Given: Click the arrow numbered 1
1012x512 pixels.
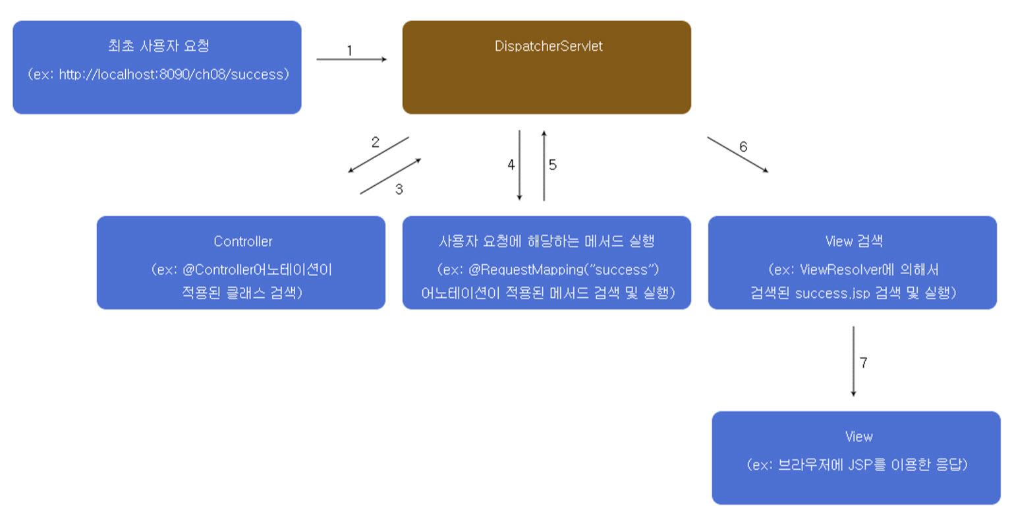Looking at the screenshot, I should click(351, 59).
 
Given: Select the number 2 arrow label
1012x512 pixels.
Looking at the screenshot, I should click(375, 142).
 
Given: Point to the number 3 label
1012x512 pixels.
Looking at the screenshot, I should click(399, 189).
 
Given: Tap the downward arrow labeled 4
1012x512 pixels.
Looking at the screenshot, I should click(520, 165).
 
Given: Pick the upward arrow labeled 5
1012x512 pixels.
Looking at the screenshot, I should click(544, 165).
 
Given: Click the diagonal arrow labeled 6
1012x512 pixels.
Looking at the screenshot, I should click(737, 154).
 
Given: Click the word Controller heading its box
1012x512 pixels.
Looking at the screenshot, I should click(242, 241).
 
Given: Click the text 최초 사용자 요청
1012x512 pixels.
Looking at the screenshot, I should click(158, 46).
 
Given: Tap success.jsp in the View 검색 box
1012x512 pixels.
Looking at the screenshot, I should click(833, 293).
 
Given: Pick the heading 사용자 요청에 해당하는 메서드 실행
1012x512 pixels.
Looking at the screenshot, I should click(546, 241).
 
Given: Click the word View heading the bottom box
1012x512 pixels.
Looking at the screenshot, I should click(858, 436).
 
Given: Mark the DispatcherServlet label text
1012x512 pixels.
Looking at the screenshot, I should click(548, 46).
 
